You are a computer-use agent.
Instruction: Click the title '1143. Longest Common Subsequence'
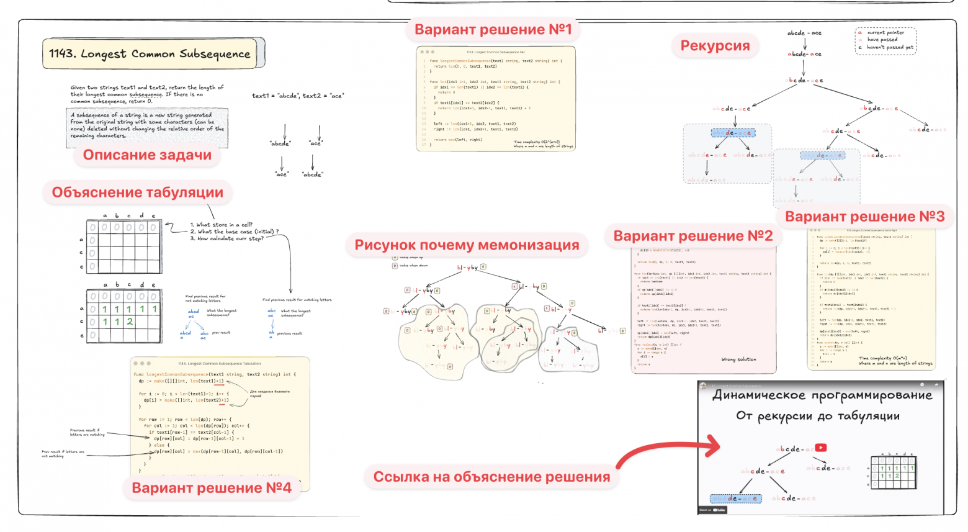(x=150, y=54)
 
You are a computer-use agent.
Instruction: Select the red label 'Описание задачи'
(x=147, y=155)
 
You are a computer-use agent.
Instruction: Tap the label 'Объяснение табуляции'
(x=137, y=192)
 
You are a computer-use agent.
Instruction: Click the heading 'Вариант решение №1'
(x=493, y=29)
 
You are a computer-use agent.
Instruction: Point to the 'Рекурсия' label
(x=715, y=45)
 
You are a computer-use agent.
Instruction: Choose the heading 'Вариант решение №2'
(x=692, y=236)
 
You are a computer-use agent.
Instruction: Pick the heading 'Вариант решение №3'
(x=864, y=217)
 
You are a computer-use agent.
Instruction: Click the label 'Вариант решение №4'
(x=211, y=488)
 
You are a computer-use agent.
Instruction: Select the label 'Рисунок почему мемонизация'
(x=467, y=245)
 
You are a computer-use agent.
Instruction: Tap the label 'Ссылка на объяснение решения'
(x=491, y=477)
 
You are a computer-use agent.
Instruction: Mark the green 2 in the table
(x=130, y=322)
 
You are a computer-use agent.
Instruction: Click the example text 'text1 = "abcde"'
(x=274, y=96)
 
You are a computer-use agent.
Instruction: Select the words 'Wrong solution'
(x=738, y=359)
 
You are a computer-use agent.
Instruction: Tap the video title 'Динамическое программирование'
(x=822, y=395)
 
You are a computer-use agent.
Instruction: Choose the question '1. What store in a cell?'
(x=222, y=225)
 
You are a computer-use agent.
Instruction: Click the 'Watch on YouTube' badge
(x=713, y=510)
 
